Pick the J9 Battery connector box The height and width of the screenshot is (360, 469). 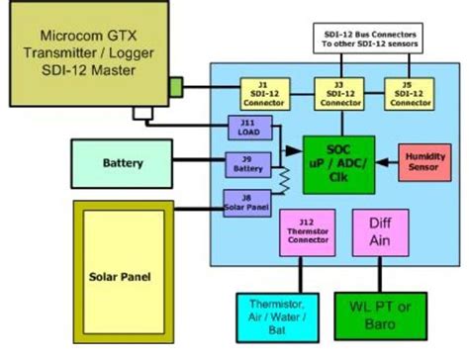[247, 164]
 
